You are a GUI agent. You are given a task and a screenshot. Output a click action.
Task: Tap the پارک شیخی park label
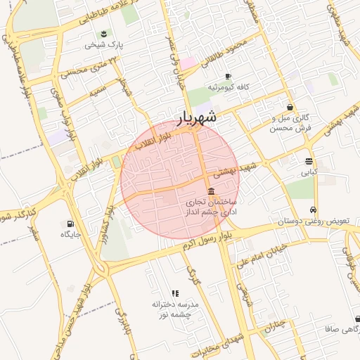coord(104,44)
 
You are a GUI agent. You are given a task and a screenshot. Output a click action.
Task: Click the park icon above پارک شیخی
coord(104,33)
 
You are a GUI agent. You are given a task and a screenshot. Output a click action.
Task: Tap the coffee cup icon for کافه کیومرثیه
coord(227,76)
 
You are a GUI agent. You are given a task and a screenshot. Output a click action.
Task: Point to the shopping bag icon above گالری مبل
coord(290,107)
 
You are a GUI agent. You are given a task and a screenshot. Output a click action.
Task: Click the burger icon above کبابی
coord(309,161)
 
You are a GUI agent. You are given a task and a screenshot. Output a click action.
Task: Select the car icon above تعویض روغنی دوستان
coord(312,210)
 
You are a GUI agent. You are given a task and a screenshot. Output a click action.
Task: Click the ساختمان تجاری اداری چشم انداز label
coord(211,206)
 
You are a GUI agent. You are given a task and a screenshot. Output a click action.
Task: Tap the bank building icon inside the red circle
coord(211,191)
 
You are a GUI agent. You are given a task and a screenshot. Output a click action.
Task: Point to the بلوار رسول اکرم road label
coord(205,243)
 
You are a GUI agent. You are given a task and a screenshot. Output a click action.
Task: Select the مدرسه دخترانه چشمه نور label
coord(176,310)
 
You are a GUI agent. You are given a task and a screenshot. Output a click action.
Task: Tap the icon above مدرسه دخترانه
coord(175,293)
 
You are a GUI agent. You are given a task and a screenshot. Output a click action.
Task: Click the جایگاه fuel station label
coord(70,233)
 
